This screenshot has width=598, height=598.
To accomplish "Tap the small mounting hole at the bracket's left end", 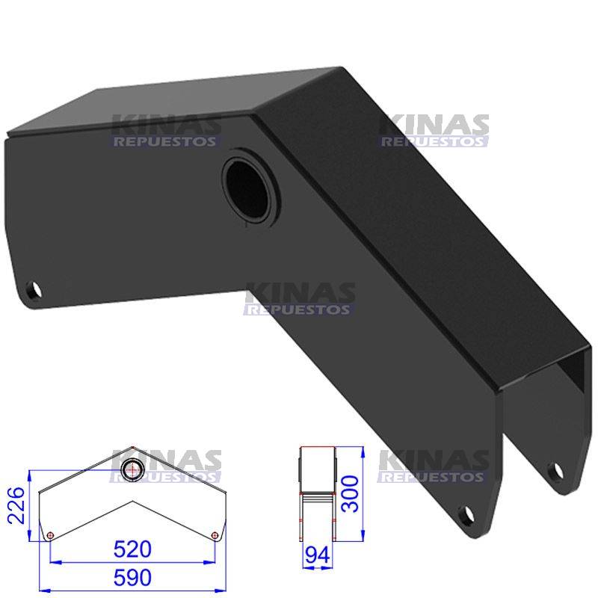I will click(x=34, y=289).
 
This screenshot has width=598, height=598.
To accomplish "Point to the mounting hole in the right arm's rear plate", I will click(x=554, y=471).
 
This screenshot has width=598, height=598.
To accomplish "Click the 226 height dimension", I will click(x=14, y=505).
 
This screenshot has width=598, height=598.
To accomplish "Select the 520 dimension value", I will click(x=133, y=549).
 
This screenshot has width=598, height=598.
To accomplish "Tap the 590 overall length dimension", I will click(x=133, y=578).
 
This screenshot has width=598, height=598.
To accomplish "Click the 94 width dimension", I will click(x=317, y=555).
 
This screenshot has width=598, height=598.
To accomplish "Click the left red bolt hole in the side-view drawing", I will click(x=50, y=535).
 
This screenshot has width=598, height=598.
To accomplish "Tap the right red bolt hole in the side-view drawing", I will click(x=215, y=534).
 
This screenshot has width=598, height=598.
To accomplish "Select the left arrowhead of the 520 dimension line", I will click(x=53, y=562).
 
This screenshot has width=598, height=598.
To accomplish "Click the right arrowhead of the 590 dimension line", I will click(x=223, y=591).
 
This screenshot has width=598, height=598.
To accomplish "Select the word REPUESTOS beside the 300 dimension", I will click(x=433, y=476).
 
